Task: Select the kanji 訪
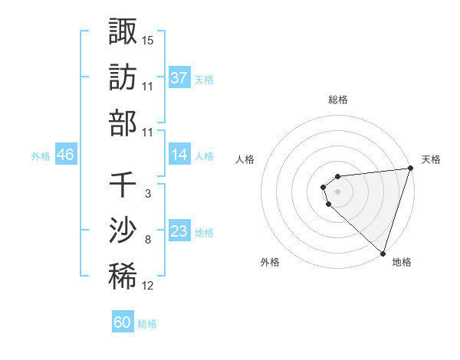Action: [x=123, y=77]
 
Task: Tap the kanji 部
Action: [x=123, y=123]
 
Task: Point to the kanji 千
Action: [x=123, y=185]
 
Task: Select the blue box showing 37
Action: [x=179, y=77]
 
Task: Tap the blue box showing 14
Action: [x=179, y=155]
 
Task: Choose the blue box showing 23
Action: [x=179, y=231]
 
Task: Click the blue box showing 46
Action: [x=65, y=155]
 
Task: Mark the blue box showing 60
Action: [x=123, y=322]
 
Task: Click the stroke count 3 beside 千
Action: [x=148, y=194]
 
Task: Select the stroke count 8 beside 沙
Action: [x=148, y=240]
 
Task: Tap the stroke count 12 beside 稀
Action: [x=148, y=286]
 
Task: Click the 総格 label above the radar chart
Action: [x=338, y=100]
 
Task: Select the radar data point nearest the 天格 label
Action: [x=410, y=169]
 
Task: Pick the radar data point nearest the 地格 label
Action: [x=383, y=253]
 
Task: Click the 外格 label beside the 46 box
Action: [x=41, y=155]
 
